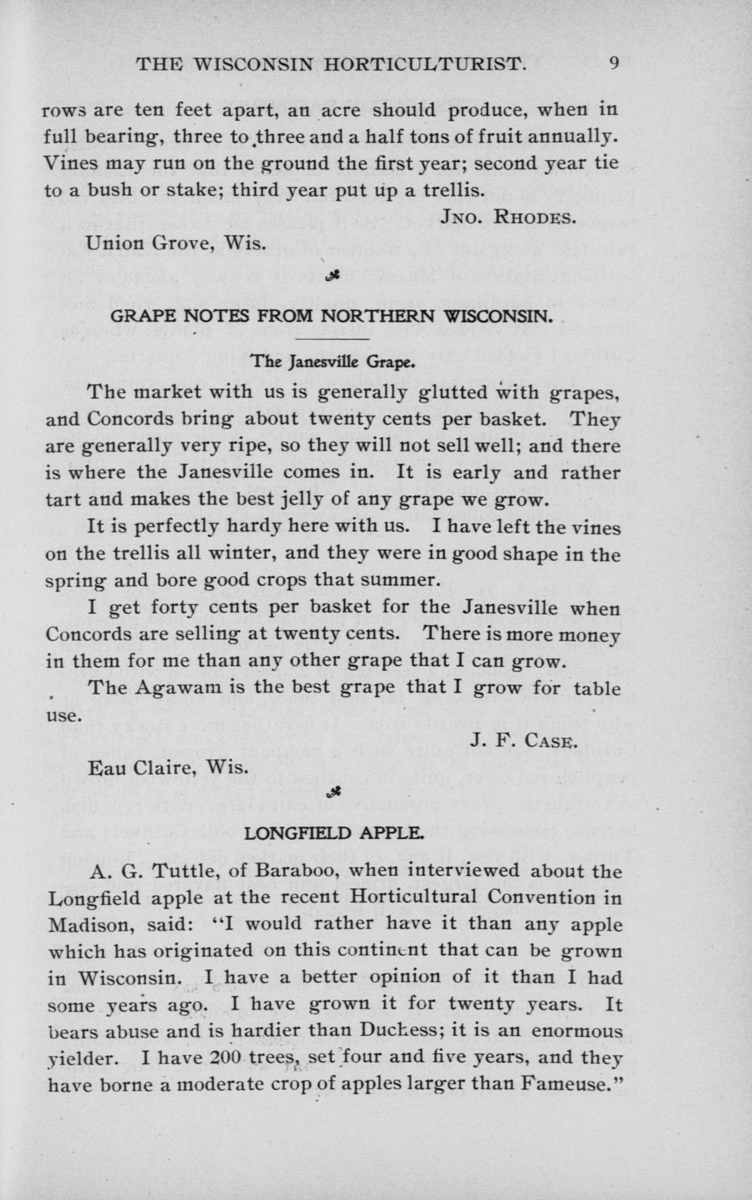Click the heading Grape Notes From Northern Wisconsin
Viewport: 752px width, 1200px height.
click(x=332, y=316)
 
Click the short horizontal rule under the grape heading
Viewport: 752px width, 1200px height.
click(x=333, y=339)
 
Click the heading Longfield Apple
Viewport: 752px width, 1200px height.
click(x=334, y=833)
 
